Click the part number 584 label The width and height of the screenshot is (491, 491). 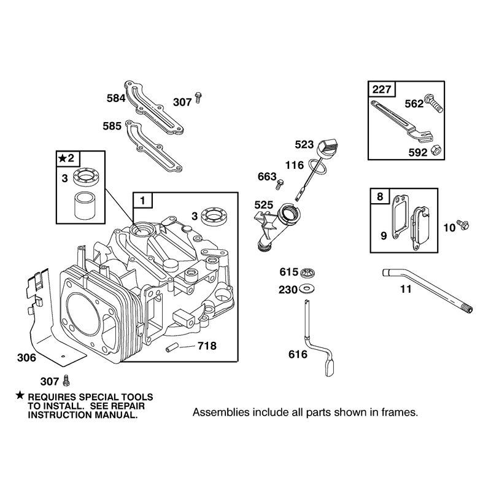(116, 98)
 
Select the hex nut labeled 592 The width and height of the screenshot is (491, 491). (436, 150)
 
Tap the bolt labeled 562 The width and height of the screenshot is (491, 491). (433, 102)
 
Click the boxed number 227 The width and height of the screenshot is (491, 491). (382, 90)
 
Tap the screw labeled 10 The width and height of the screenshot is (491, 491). (463, 225)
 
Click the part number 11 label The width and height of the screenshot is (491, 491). (406, 289)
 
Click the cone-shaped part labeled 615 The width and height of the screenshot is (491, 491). (307, 273)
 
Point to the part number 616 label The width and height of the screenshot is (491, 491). (298, 354)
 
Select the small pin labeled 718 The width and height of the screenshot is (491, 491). (172, 347)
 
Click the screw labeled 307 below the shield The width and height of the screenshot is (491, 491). (66, 380)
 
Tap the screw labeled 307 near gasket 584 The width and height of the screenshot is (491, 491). (198, 98)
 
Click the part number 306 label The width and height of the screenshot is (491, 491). (26, 358)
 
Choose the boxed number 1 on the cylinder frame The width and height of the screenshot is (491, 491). (143, 201)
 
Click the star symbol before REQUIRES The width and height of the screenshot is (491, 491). (20, 395)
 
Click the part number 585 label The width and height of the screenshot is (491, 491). (112, 126)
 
